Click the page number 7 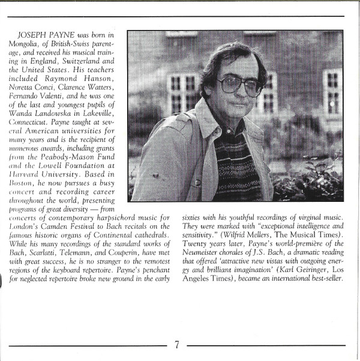(178, 345)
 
